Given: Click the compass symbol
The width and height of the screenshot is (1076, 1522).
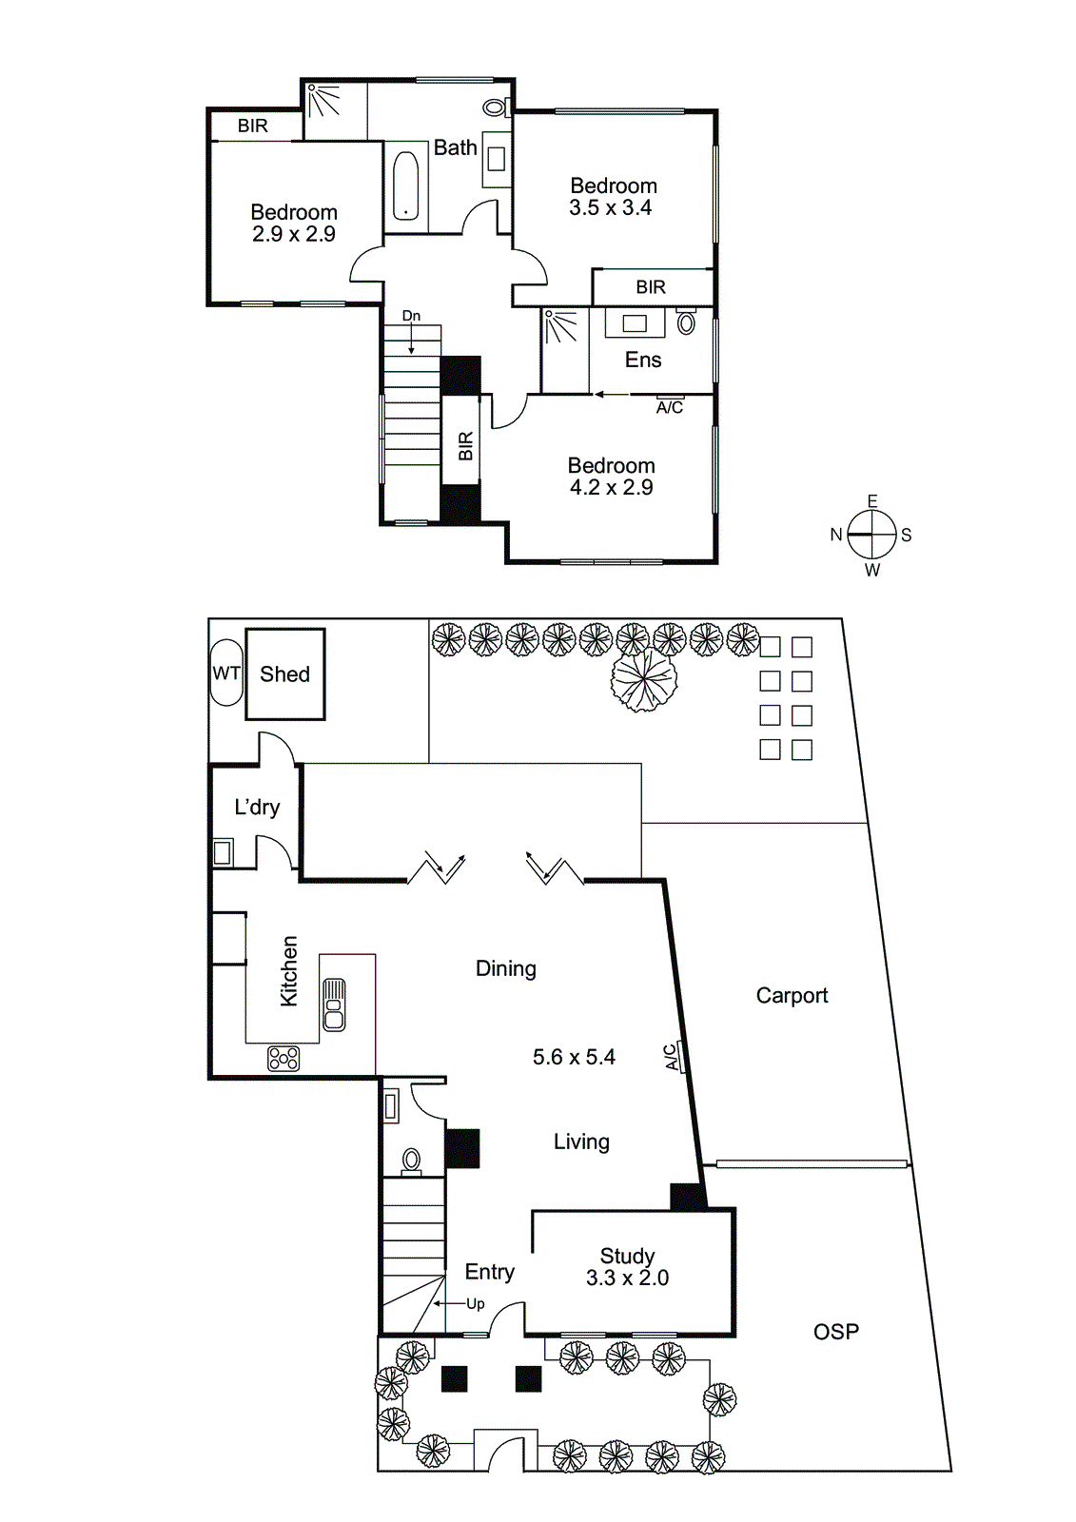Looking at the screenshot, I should click(x=871, y=535).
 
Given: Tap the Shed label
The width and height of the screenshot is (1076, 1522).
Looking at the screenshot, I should click(x=284, y=674).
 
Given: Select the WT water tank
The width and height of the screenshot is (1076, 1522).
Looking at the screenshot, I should click(x=226, y=673).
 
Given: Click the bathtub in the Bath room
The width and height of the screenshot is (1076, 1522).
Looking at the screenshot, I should click(x=406, y=185).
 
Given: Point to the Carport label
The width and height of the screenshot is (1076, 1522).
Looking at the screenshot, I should click(x=792, y=996).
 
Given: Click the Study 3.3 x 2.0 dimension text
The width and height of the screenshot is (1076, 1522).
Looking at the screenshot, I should click(x=627, y=1278).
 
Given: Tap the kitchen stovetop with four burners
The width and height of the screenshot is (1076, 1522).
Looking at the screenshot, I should click(x=284, y=1058).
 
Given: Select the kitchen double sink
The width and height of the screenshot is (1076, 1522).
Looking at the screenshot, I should click(x=334, y=1005).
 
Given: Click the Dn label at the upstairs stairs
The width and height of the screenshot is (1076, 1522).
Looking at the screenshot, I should click(x=411, y=316).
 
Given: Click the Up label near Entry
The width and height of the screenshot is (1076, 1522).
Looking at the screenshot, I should click(x=476, y=1304).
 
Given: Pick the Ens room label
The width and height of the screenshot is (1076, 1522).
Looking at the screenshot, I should click(x=643, y=361).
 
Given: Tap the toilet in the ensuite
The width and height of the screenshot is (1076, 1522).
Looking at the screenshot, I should click(x=686, y=322).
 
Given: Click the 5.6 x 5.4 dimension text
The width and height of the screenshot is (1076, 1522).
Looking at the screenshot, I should click(x=574, y=1058).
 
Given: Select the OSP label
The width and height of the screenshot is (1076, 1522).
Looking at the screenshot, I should click(x=835, y=1332).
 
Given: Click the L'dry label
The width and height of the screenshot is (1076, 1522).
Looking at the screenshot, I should click(x=257, y=808).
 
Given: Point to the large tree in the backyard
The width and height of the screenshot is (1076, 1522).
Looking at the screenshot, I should click(x=644, y=679).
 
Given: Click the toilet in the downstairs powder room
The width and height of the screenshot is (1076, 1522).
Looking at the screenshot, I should click(x=411, y=1161).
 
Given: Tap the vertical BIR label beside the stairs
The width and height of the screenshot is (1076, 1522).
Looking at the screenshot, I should click(x=465, y=446).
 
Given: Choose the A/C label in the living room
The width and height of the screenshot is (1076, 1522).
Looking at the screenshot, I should click(x=672, y=1057).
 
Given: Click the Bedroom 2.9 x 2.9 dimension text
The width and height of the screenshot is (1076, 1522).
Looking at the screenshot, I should click(x=294, y=234).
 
